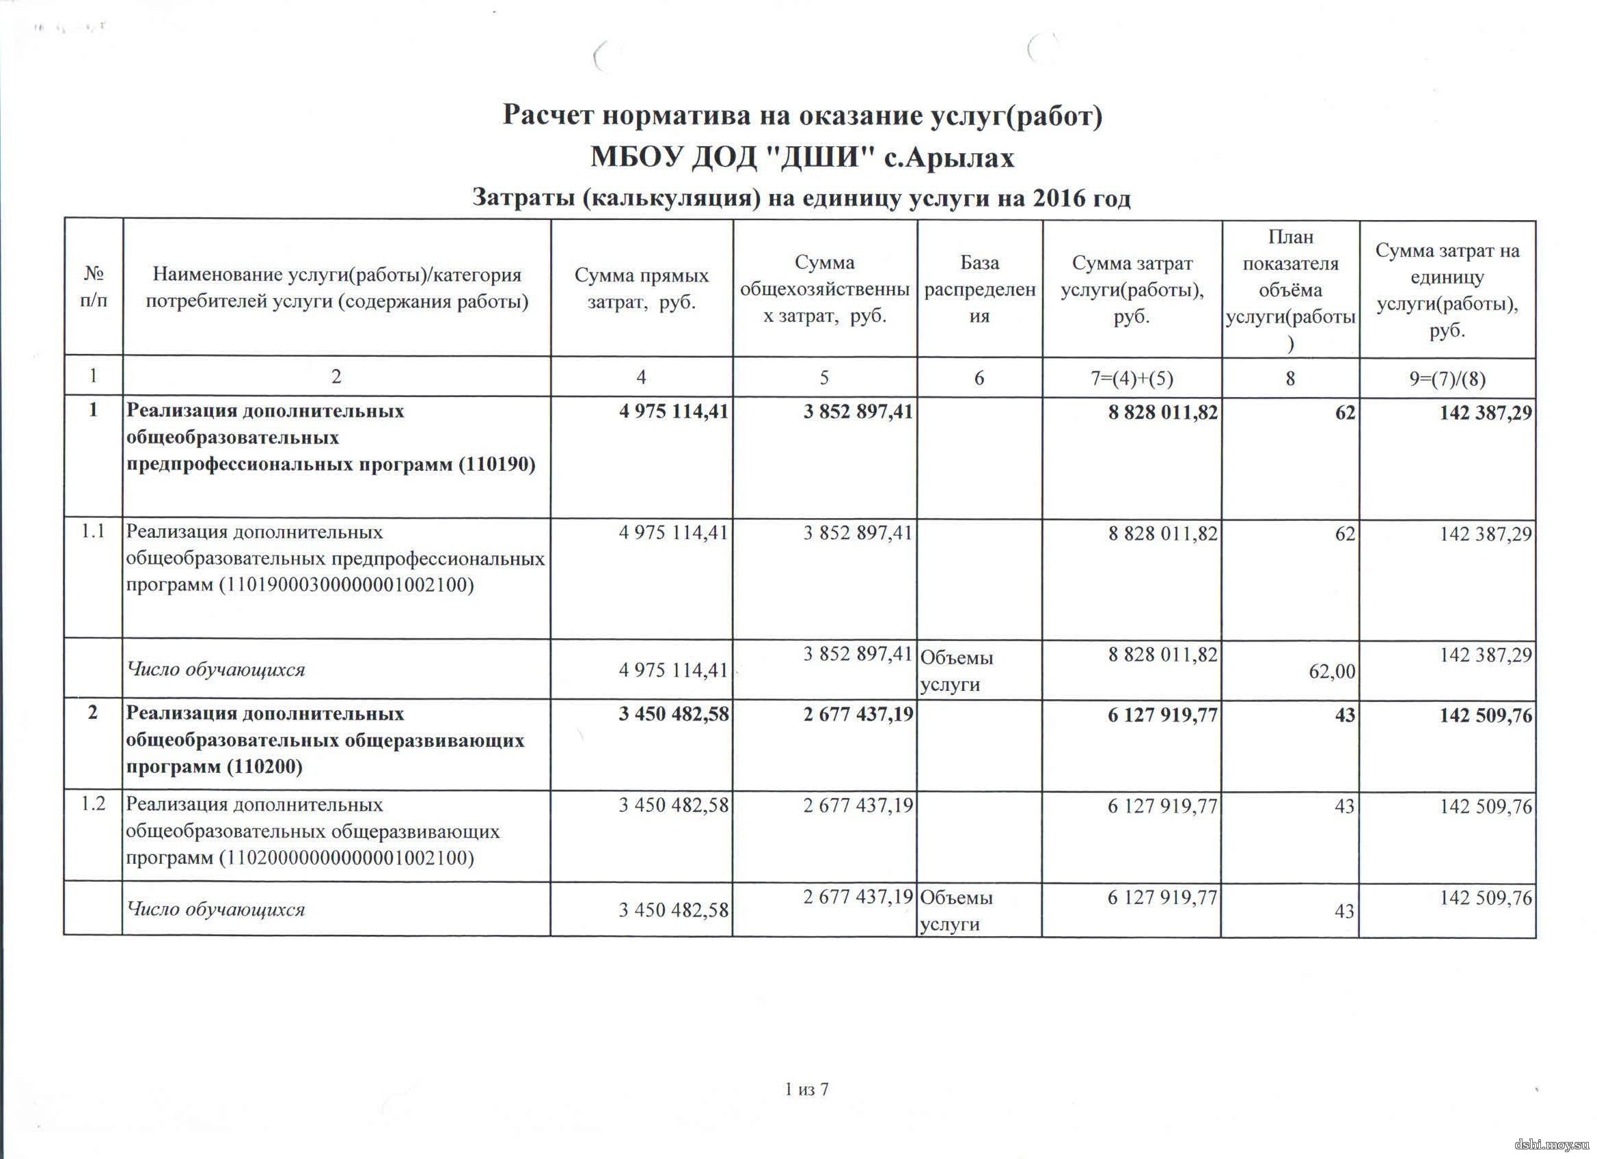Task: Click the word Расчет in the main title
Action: [x=549, y=115]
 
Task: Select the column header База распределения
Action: [x=979, y=288]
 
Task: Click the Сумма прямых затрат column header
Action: [x=642, y=288]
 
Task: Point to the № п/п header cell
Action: [x=94, y=287]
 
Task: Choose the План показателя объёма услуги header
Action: [x=1290, y=288]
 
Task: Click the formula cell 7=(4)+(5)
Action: [x=1132, y=378]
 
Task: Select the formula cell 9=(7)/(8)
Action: [x=1447, y=379]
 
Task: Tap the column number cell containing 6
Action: [x=979, y=378]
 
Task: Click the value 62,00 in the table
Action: [x=1332, y=671]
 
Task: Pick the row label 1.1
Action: [x=93, y=532]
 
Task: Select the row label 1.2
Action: [x=93, y=804]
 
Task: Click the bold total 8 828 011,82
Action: [x=1162, y=412]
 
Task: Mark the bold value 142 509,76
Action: [x=1486, y=715]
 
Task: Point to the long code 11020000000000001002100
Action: [x=346, y=858]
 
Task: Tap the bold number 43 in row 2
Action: [x=1344, y=715]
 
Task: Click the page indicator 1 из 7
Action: [x=807, y=1090]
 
